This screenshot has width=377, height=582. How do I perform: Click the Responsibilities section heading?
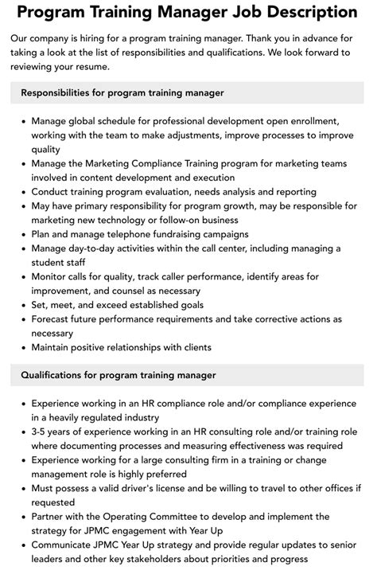coord(122,93)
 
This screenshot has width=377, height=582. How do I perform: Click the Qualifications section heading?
coord(119,374)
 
